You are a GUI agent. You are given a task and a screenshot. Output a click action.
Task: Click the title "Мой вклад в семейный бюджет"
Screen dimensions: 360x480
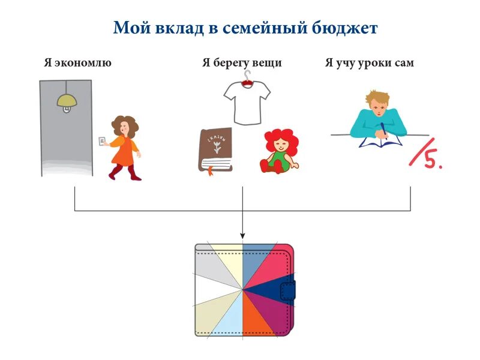coord(245,28)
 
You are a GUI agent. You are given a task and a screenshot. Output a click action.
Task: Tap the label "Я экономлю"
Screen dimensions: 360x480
coord(77,62)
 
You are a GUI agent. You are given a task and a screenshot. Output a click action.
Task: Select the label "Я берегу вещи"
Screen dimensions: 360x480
coord(242,62)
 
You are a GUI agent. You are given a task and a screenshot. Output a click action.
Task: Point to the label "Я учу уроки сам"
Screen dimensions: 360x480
coord(369,62)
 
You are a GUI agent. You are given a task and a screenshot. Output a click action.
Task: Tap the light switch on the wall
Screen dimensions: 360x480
coord(102,141)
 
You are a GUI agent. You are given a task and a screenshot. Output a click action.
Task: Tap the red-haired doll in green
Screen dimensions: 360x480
coord(280,150)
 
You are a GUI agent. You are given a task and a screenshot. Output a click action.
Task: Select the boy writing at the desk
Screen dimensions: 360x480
coord(378,117)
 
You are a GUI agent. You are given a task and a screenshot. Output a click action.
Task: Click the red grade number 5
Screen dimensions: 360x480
coord(431,159)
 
